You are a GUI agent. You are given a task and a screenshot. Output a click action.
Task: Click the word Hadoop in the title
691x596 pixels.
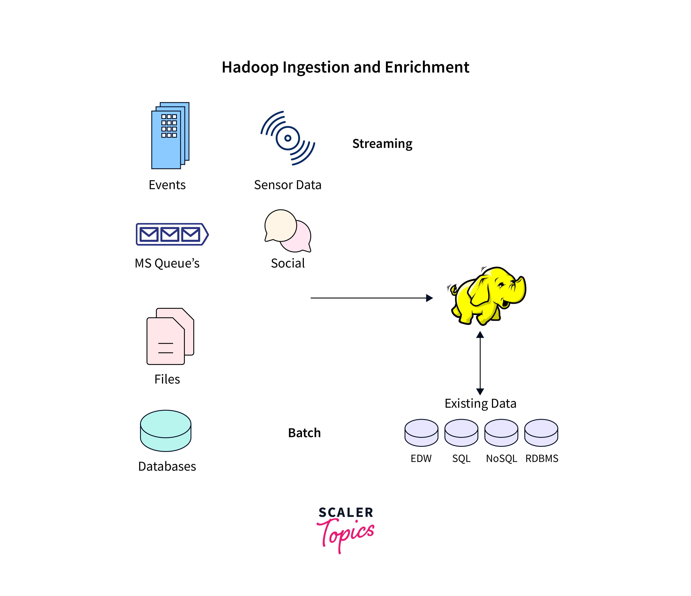point(250,68)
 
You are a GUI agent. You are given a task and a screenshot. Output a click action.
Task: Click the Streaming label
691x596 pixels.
point(382,144)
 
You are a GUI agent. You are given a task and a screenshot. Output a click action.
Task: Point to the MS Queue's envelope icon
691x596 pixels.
point(172,234)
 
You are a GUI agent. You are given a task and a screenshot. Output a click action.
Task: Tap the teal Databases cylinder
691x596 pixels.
point(166,431)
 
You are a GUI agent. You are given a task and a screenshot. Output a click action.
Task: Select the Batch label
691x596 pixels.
point(304,433)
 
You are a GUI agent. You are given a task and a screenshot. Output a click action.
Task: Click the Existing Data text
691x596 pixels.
point(480,404)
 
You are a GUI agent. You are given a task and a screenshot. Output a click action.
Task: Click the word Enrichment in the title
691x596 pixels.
point(427,68)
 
